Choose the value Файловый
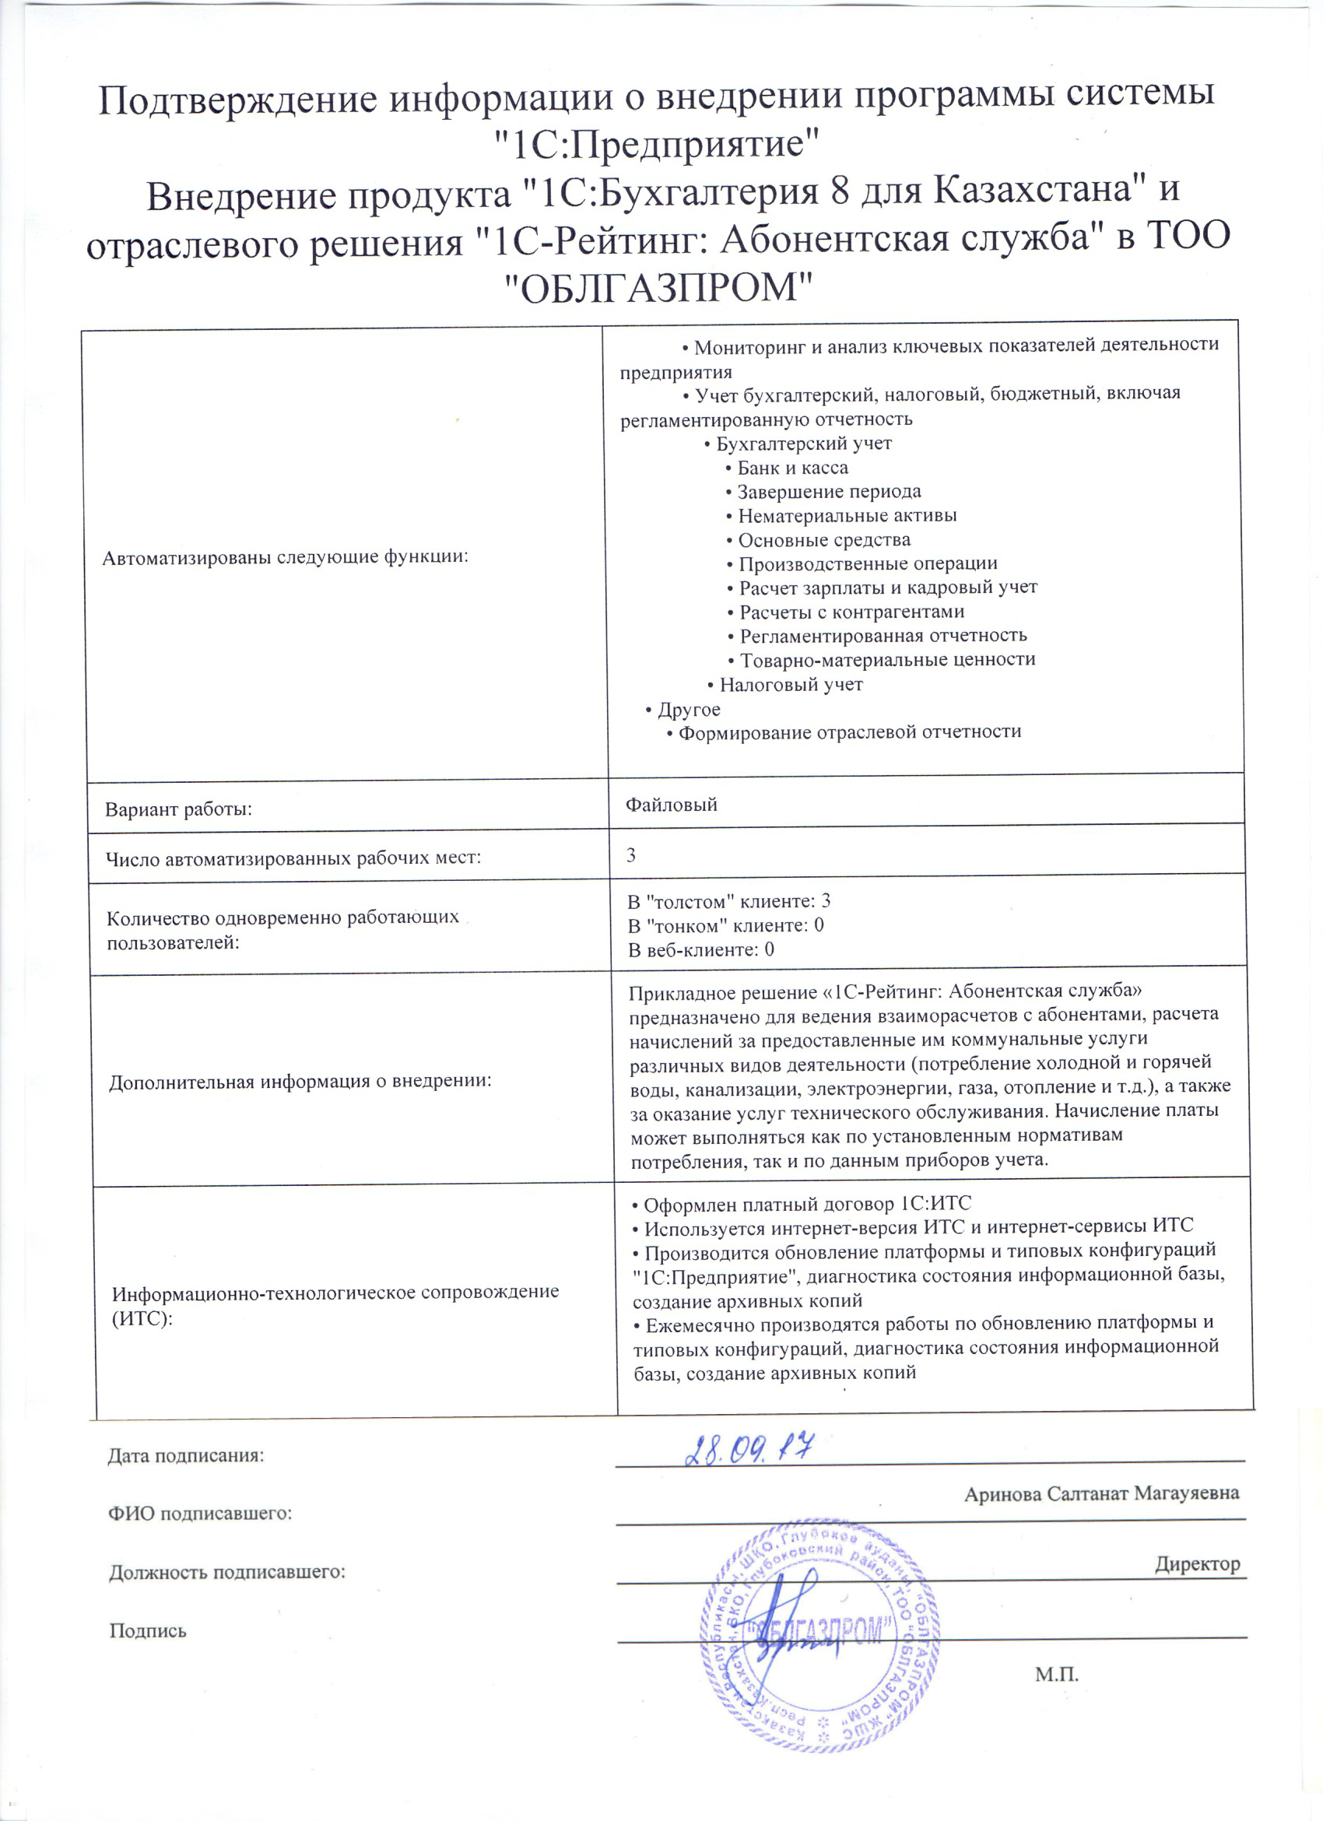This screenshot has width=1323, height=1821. (671, 805)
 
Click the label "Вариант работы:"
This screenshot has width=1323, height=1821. (178, 809)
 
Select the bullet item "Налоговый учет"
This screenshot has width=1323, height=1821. (791, 685)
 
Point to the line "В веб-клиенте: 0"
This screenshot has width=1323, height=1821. (701, 950)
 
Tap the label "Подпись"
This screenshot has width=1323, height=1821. (148, 1630)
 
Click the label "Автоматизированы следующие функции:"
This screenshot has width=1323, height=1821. (285, 557)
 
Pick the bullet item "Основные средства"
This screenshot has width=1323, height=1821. (823, 539)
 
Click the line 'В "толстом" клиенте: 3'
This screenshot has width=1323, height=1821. (729, 901)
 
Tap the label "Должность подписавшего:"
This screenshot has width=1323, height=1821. (227, 1571)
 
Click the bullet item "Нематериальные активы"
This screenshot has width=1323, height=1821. (847, 515)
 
